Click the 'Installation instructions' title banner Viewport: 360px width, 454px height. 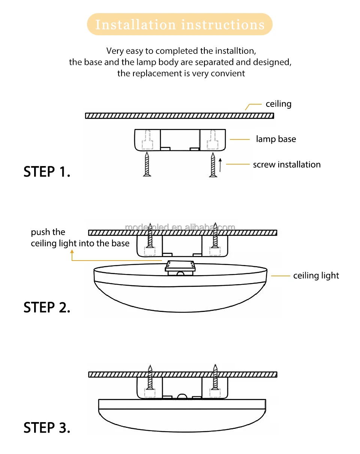coord(180,25)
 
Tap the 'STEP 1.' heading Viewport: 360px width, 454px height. coord(47,172)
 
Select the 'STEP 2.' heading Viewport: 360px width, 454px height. coord(47,307)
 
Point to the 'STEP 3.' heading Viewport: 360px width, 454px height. coord(47,427)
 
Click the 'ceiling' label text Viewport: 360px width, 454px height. coord(278,104)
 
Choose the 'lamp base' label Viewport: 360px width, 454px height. coord(276,139)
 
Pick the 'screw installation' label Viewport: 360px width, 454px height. coord(286,165)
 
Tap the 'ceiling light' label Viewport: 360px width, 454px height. coord(316,276)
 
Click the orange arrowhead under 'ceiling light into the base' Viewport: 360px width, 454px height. coord(72,252)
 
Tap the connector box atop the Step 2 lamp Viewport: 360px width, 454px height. coord(181,267)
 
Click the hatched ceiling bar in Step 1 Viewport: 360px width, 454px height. coord(180,115)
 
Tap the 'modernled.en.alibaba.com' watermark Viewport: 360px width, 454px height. coord(180,227)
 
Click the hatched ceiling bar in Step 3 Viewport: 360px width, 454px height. coord(183,375)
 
